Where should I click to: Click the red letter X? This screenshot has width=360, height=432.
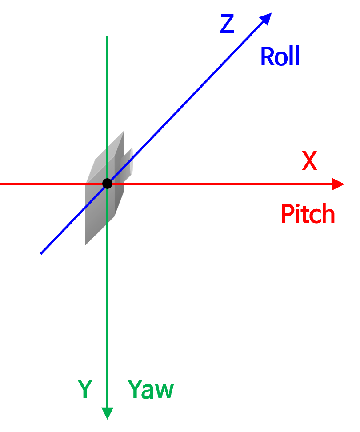(x=309, y=161)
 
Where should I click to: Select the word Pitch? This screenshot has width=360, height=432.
(x=308, y=214)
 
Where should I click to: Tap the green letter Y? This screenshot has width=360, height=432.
(x=84, y=389)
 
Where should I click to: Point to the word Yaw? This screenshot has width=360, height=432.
(x=150, y=390)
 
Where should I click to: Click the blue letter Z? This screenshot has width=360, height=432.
(x=227, y=24)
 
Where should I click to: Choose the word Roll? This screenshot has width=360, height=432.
(x=279, y=57)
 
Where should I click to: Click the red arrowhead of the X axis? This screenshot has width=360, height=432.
(x=339, y=184)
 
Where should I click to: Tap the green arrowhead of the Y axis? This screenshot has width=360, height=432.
(x=107, y=413)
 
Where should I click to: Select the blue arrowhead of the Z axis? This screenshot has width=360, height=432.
(x=266, y=18)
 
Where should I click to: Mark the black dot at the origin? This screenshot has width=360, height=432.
(x=107, y=183)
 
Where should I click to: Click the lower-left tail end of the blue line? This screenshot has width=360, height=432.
(x=41, y=253)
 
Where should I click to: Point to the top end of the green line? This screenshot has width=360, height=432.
(x=107, y=36)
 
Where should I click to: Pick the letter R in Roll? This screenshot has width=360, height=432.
(x=267, y=57)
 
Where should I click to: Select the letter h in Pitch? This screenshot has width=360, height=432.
(x=328, y=214)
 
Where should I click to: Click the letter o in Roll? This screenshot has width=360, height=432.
(x=281, y=59)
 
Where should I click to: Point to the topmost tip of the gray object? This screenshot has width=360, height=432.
(x=124, y=131)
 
